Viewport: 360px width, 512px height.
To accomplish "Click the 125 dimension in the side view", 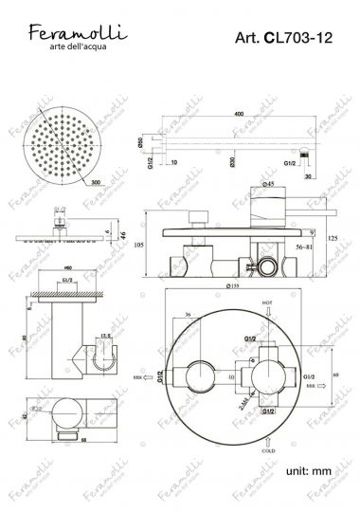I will [x=332, y=237].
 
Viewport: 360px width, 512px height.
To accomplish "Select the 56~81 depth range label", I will [x=304, y=244].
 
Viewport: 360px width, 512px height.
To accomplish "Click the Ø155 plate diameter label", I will [x=233, y=286].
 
